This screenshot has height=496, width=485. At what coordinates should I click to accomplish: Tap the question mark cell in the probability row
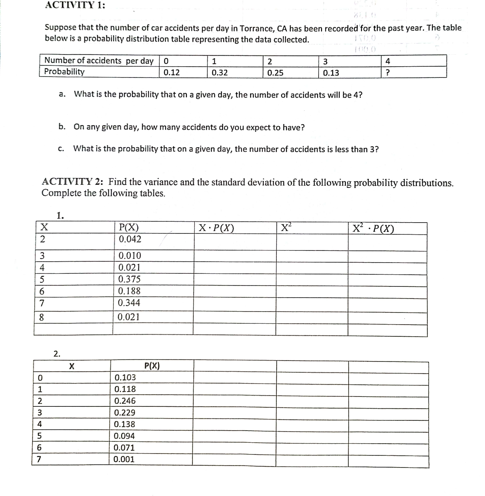pyautogui.click(x=387, y=73)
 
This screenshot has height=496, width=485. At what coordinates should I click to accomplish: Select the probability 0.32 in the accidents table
pyautogui.click(x=220, y=73)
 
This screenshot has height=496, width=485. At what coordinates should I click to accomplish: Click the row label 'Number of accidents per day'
pyautogui.click(x=99, y=61)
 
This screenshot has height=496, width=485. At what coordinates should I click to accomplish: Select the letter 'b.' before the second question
pyautogui.click(x=62, y=127)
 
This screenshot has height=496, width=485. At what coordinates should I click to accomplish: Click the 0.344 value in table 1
pyautogui.click(x=129, y=303)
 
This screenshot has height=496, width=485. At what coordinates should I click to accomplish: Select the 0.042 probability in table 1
pyautogui.click(x=130, y=239)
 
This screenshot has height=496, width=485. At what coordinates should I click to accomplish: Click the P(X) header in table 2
pyautogui.click(x=152, y=366)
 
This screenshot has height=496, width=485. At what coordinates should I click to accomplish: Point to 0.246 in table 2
pyautogui.click(x=125, y=401)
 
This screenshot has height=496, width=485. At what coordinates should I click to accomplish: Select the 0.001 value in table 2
pyautogui.click(x=124, y=459)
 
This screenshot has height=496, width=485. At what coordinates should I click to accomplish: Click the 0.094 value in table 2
pyautogui.click(x=124, y=436)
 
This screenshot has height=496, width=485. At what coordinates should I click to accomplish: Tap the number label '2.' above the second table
pyautogui.click(x=57, y=354)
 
